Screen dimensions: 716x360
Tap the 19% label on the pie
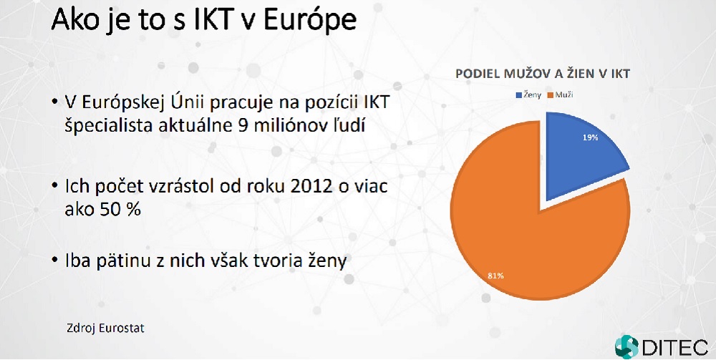[x=590, y=137]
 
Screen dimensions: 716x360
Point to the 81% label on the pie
[x=495, y=276]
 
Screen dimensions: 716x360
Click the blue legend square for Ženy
[x=518, y=95]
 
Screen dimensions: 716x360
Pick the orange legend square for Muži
[x=551, y=95]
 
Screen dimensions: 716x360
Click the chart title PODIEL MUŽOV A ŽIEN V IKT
[x=543, y=74]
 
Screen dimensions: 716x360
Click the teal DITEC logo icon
[x=626, y=347]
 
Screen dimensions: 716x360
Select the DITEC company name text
[x=675, y=348]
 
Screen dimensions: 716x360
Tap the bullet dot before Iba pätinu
[x=55, y=261]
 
